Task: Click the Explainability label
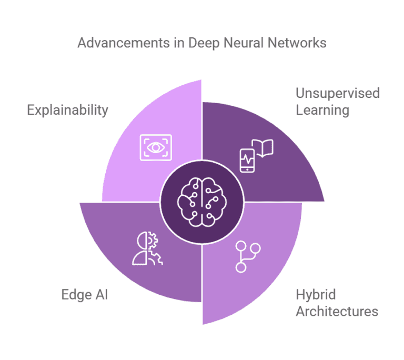67,110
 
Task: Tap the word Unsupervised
337,94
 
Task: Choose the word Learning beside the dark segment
322,110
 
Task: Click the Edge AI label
84,294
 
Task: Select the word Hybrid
316,294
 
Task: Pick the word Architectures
337,311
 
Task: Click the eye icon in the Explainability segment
155,147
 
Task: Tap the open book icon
263,149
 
